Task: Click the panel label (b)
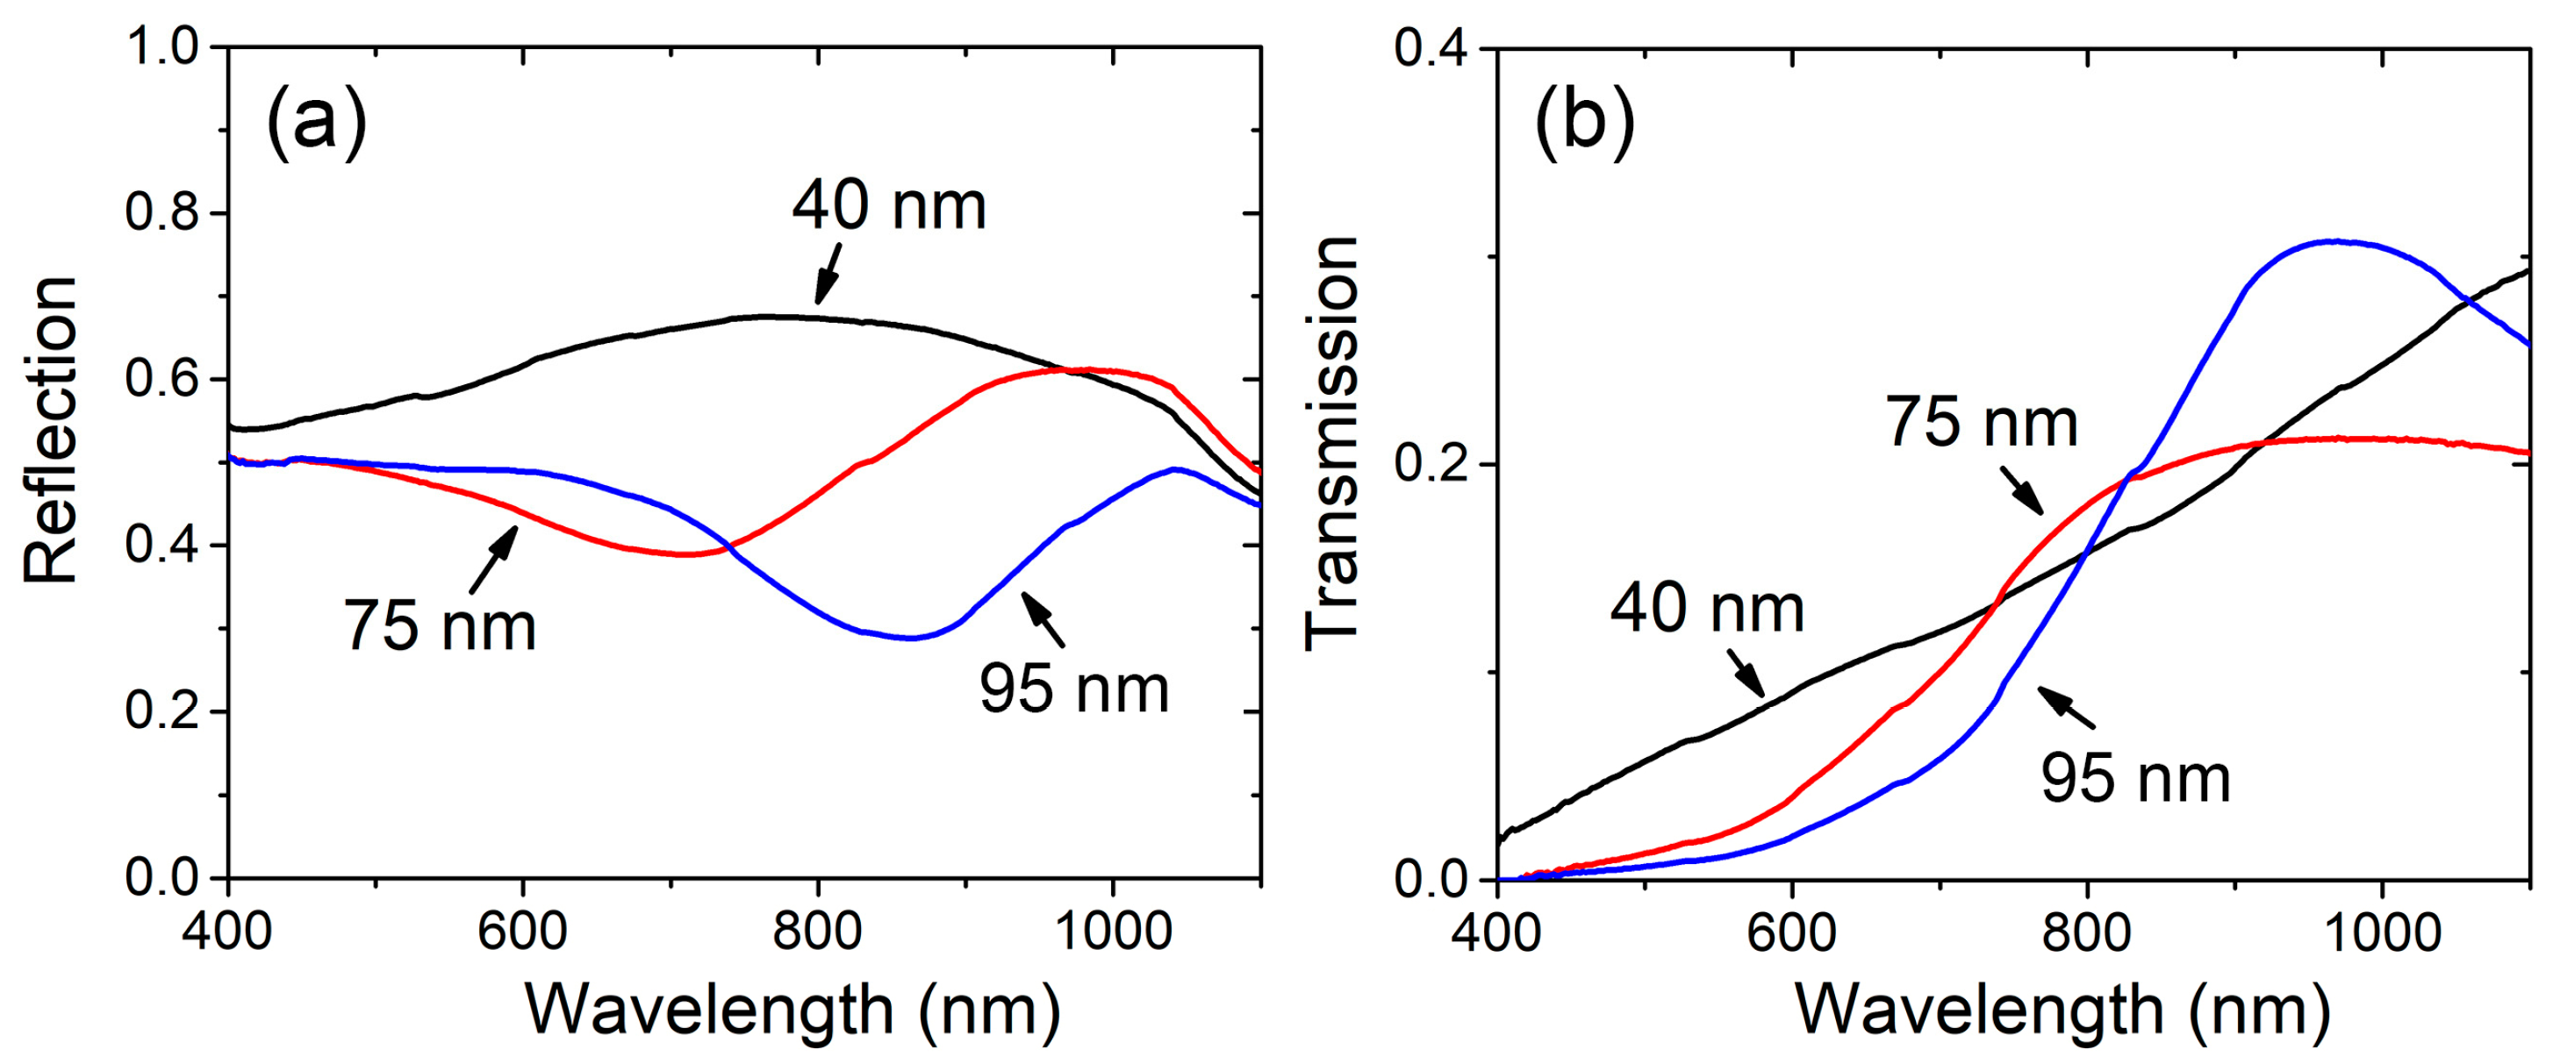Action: pos(1585,123)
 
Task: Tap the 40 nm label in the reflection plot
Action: pos(889,206)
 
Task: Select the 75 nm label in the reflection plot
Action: pos(440,626)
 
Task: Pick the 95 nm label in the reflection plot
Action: pos(1074,689)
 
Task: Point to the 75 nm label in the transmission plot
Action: pos(1981,423)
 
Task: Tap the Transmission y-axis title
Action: pos(1331,443)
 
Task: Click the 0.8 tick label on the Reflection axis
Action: pos(163,213)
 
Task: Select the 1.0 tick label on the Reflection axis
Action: pos(163,47)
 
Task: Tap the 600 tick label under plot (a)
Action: pos(522,932)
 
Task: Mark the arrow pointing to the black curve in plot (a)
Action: pos(828,274)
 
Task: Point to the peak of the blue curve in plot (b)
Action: pos(2336,240)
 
